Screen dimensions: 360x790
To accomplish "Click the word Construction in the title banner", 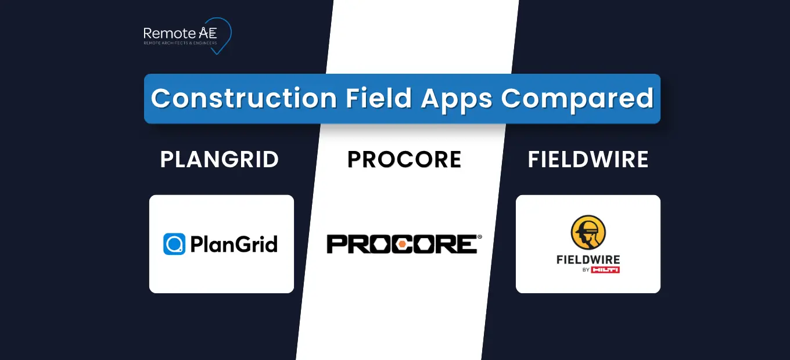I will coord(243,99).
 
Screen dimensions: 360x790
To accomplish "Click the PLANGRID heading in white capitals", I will coord(220,160).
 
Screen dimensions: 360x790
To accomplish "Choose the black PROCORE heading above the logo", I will coord(404,160).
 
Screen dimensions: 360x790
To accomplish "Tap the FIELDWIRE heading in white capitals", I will coord(588,160).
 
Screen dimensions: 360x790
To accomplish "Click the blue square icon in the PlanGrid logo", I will coord(174,244).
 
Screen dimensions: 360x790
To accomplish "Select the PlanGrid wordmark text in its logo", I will coord(234,244).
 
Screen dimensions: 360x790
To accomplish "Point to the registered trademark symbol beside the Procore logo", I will coord(479,237).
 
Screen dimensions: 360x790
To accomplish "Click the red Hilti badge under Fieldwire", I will coord(605,270).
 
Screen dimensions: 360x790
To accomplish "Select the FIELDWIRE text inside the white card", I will coord(588,260).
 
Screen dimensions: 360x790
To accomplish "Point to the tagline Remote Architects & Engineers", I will coord(181,43).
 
